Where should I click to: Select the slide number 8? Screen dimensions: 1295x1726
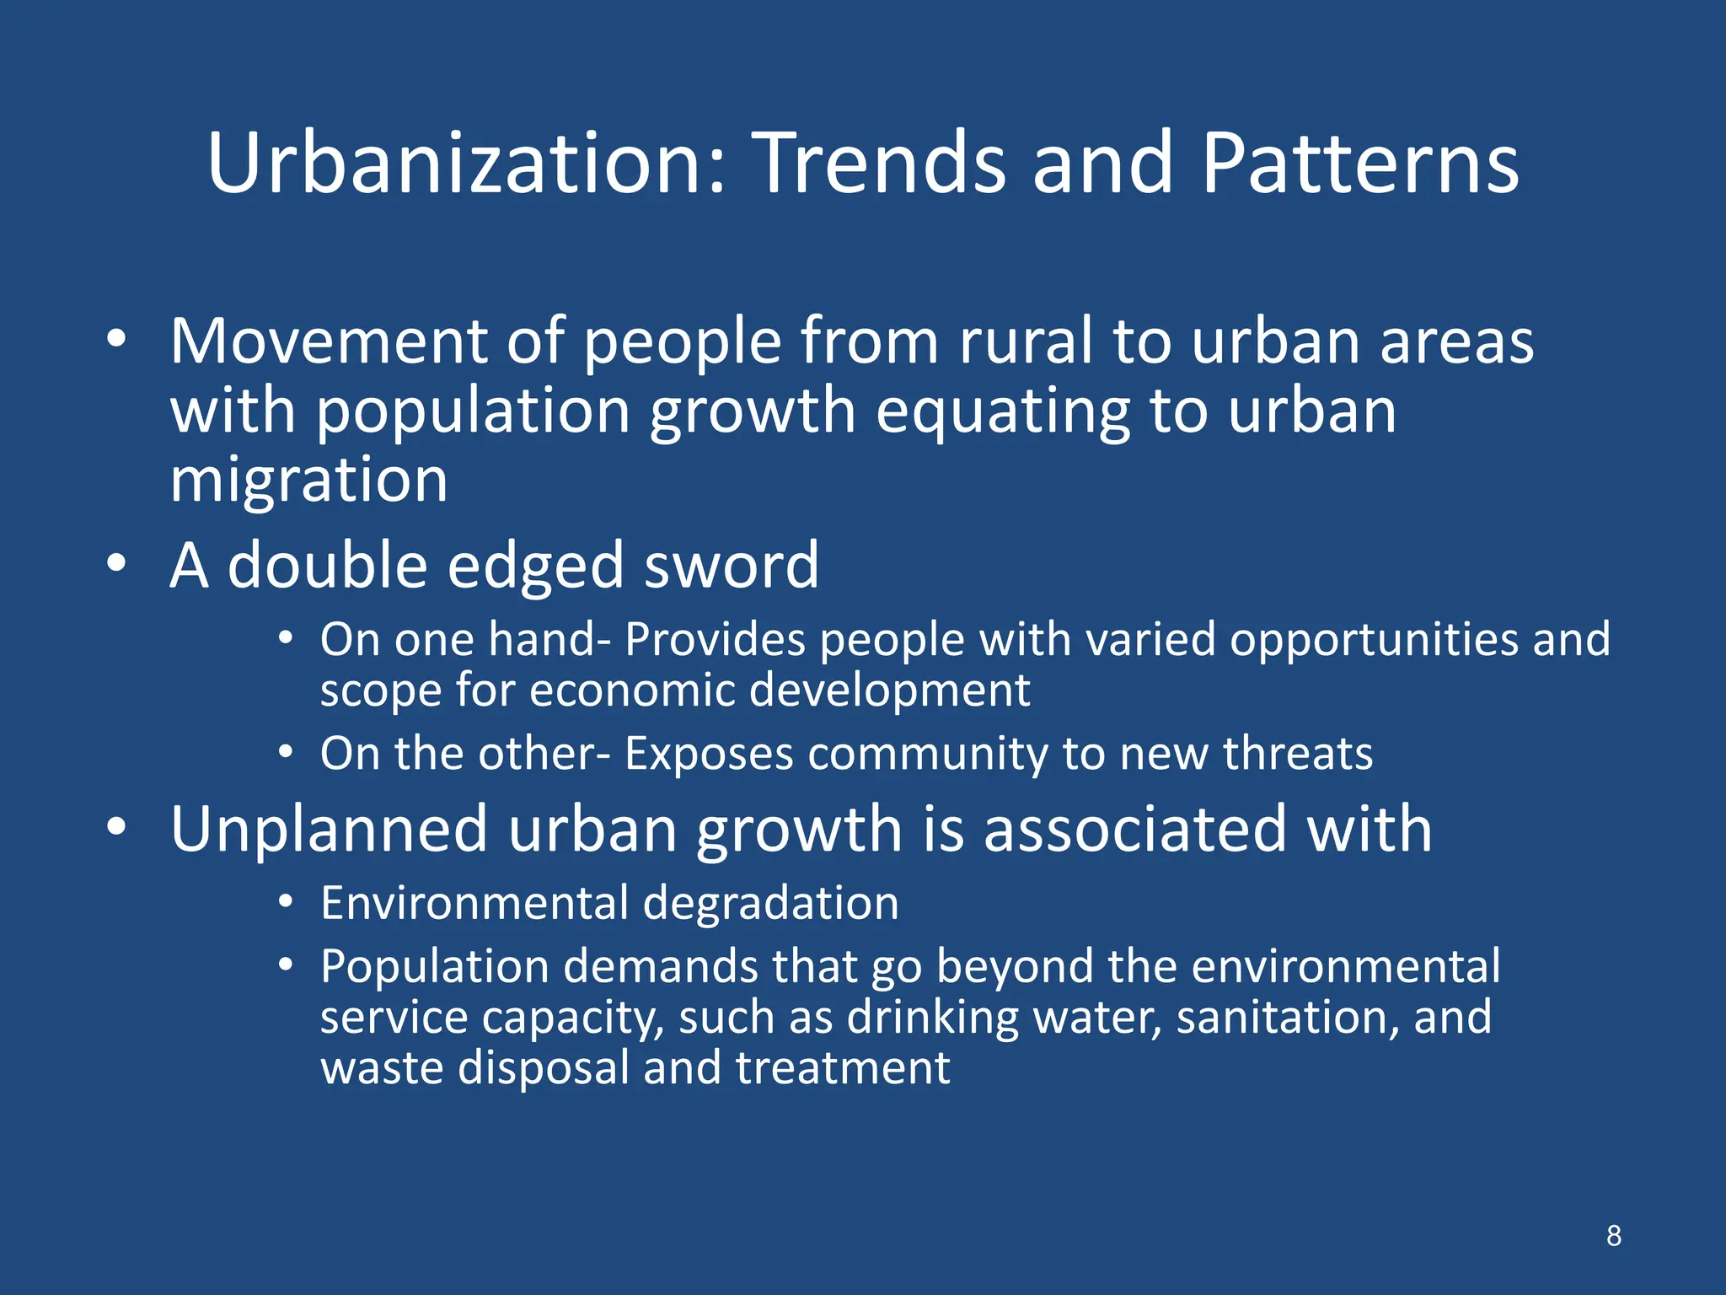point(1613,1235)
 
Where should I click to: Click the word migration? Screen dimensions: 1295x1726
point(308,481)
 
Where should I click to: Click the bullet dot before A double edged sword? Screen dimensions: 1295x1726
point(116,562)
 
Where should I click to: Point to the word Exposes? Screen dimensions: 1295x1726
point(709,753)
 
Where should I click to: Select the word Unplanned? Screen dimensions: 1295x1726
point(329,830)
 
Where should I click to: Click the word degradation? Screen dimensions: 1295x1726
point(770,903)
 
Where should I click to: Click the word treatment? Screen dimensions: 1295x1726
point(842,1068)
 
